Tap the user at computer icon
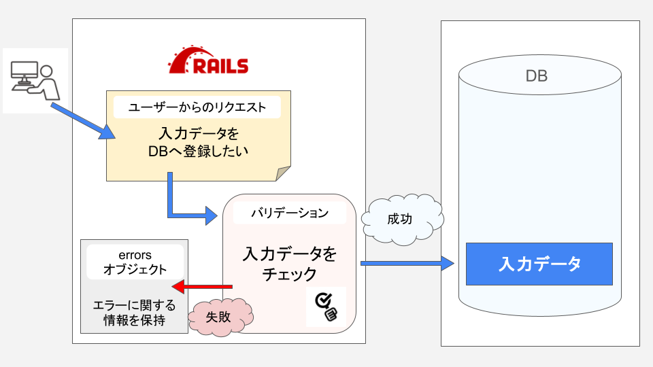[x=35, y=80]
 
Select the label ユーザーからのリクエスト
[x=198, y=107]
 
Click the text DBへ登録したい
[x=198, y=152]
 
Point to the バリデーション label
[x=290, y=213]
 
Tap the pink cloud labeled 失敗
[x=220, y=316]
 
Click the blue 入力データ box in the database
[x=539, y=264]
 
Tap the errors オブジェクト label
[x=135, y=262]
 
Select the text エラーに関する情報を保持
[x=134, y=313]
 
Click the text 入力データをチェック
[x=290, y=264]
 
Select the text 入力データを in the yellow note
[x=198, y=132]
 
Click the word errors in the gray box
[x=135, y=254]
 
